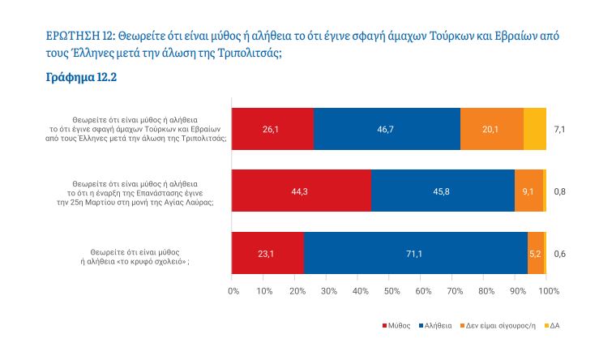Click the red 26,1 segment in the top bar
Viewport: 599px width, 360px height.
click(272, 129)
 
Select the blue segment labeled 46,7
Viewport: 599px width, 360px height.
click(387, 129)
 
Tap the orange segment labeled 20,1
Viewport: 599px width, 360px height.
click(491, 129)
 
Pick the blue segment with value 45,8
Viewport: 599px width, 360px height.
click(443, 191)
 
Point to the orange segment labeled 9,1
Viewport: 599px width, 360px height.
click(528, 191)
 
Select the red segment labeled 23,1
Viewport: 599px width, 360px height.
click(267, 254)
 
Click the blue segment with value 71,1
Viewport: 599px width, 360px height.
click(415, 254)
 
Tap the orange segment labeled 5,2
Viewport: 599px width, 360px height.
click(535, 254)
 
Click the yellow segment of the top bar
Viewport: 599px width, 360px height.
click(535, 129)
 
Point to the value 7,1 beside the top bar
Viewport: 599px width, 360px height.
click(559, 129)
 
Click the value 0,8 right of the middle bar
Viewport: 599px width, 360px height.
click(559, 191)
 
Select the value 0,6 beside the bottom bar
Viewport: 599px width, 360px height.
click(559, 254)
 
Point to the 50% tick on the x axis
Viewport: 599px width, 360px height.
click(390, 290)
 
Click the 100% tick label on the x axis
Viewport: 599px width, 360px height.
click(546, 290)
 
